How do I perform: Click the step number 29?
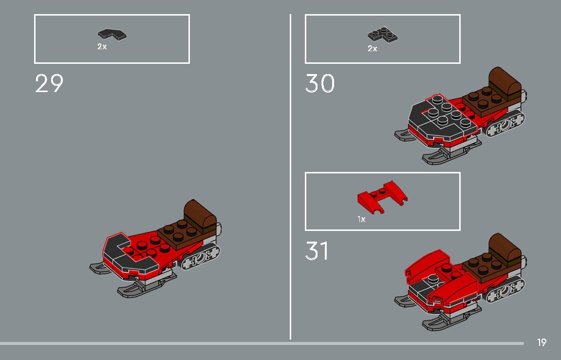pos(49,84)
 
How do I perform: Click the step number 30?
pos(320,84)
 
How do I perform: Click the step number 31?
pos(317,251)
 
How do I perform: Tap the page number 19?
pos(542,342)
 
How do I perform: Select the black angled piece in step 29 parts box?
pos(112,35)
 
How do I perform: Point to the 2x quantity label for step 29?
pos(102,47)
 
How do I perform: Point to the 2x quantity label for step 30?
pos(373,49)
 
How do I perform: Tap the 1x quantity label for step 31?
pos(361,220)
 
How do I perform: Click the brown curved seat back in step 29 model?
pos(200,214)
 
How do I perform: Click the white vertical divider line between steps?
pos(291,175)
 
